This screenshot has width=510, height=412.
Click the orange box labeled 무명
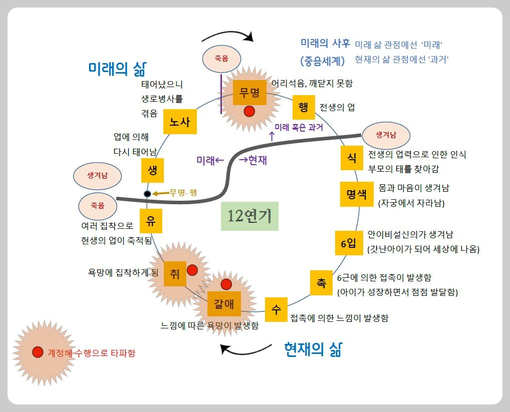pyautogui.click(x=249, y=93)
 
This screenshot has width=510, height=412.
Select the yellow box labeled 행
pyautogui.click(x=303, y=107)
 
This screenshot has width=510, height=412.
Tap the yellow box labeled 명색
pyautogui.click(x=356, y=194)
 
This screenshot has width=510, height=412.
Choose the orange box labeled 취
pyautogui.click(x=175, y=273)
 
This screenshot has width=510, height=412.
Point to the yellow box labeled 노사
pyautogui.click(x=179, y=122)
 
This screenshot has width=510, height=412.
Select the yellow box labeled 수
pyautogui.click(x=276, y=309)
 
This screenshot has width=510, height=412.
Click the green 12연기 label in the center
pyautogui.click(x=249, y=216)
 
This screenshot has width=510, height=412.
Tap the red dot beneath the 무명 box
pyautogui.click(x=249, y=112)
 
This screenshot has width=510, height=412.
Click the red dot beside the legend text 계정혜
pyautogui.click(x=37, y=352)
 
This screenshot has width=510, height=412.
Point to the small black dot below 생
pyautogui.click(x=147, y=194)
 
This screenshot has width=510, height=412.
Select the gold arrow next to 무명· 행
pyautogui.click(x=160, y=193)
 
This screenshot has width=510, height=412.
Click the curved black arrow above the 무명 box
pyautogui.click(x=228, y=35)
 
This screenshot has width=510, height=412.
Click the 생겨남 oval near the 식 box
pyautogui.click(x=386, y=135)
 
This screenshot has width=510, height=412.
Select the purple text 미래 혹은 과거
pyautogui.click(x=299, y=127)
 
